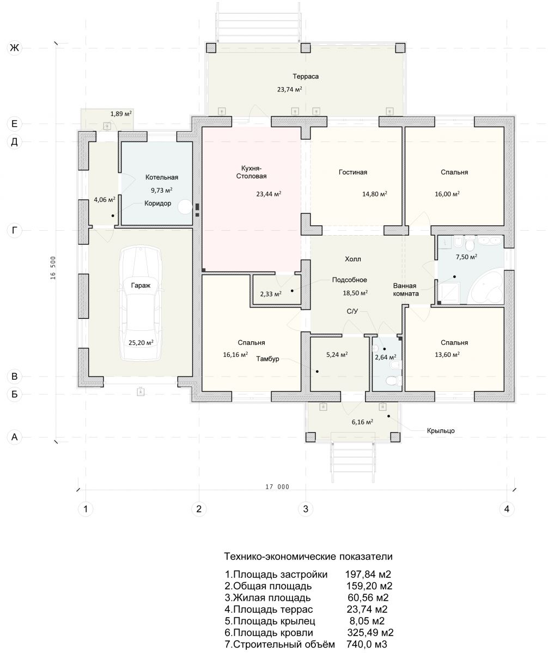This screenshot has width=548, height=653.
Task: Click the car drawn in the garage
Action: [141, 303]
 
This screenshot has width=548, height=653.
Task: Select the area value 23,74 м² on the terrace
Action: [289, 89]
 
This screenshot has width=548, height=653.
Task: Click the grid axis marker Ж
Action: [14, 48]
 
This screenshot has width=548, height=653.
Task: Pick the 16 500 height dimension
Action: [53, 268]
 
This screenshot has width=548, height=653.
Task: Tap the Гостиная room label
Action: [353, 172]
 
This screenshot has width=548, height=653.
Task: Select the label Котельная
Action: [162, 177]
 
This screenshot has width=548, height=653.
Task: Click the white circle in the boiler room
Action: [185, 207]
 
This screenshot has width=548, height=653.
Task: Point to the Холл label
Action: [353, 259]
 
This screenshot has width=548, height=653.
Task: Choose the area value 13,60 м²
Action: [447, 354]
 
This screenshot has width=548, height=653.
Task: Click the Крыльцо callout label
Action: [441, 430]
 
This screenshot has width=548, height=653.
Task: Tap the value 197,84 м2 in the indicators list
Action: [368, 575]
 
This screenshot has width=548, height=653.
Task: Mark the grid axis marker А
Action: [14, 436]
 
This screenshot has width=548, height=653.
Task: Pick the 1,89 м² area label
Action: [121, 114]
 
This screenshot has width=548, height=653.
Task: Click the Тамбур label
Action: [267, 359]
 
